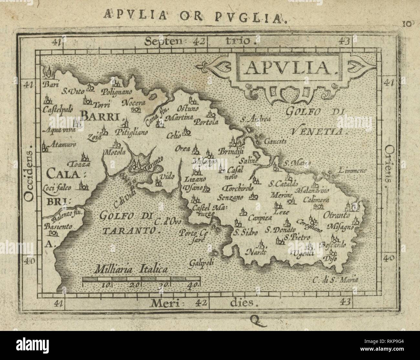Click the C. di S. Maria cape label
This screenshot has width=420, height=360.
(x=336, y=280)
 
